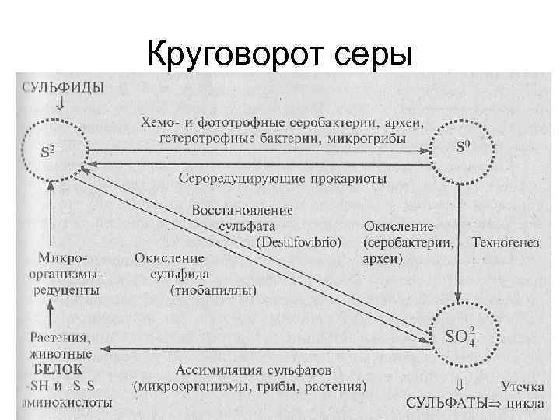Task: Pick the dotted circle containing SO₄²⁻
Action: coord(461,337)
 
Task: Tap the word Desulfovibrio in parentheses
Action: coord(299,243)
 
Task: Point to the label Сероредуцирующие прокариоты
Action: coord(282,179)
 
